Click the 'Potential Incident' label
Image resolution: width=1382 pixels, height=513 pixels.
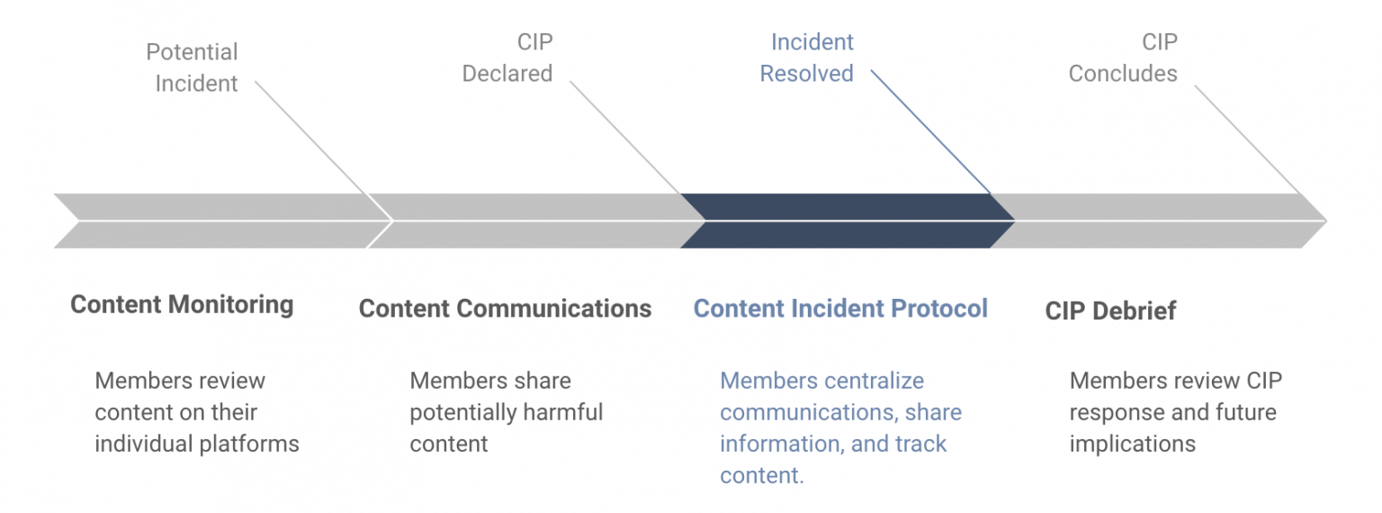(x=192, y=67)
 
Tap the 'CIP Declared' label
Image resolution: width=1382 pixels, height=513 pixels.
(x=507, y=58)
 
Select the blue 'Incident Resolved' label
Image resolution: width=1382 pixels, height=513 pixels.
(x=806, y=58)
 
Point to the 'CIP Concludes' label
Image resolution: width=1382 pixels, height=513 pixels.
(x=1123, y=58)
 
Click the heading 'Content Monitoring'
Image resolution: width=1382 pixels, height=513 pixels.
(x=182, y=304)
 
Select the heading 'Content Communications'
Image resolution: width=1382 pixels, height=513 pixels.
(x=505, y=309)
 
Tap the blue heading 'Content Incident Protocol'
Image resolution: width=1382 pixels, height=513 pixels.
(x=840, y=309)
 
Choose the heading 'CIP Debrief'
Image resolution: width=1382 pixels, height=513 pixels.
(x=1110, y=310)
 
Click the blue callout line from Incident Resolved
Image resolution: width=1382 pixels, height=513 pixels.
(x=931, y=132)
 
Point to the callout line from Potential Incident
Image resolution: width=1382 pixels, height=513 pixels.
(x=312, y=139)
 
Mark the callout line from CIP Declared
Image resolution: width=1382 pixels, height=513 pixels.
(x=625, y=139)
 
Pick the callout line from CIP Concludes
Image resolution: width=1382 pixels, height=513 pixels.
(x=1248, y=140)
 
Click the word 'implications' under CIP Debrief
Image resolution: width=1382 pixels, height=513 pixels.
(x=1132, y=444)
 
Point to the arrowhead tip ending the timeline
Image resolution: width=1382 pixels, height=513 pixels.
(x=1326, y=220)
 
